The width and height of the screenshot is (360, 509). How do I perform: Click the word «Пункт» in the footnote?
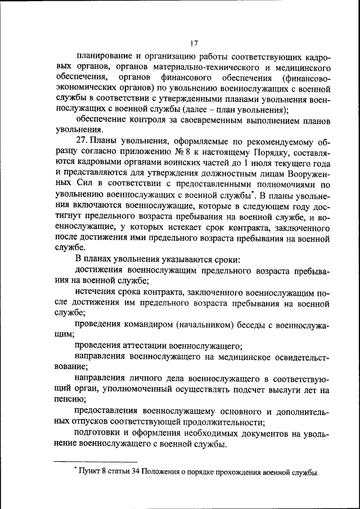pos(92,471)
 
